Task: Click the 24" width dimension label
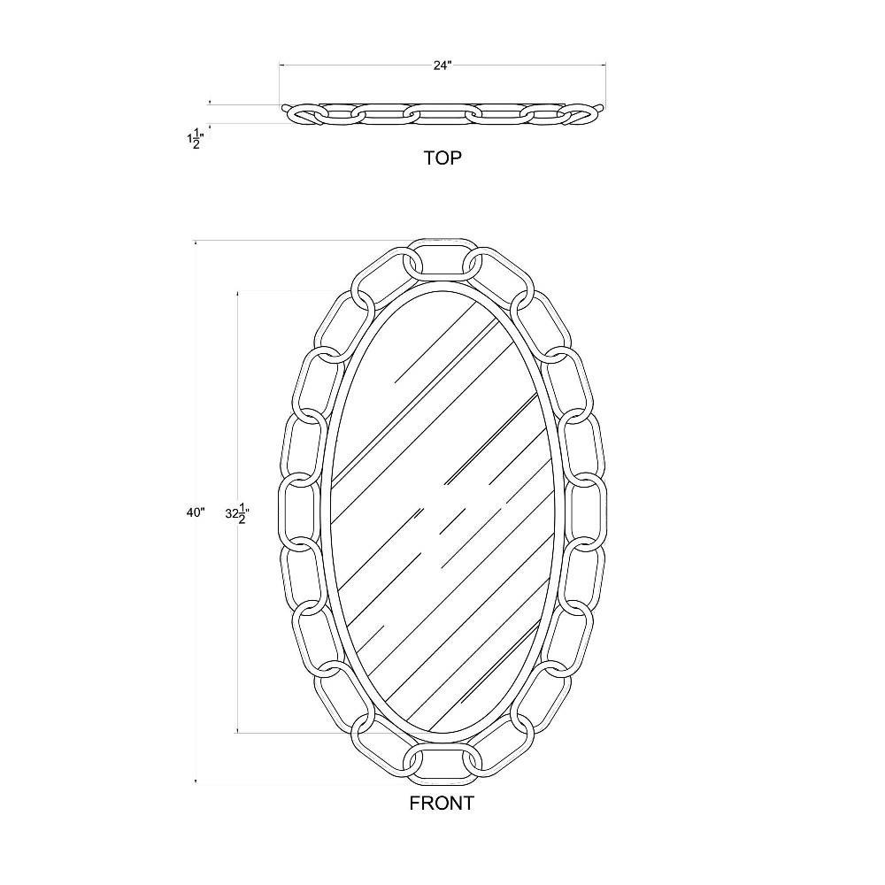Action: (442, 65)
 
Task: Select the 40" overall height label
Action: (196, 512)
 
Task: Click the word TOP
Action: (442, 158)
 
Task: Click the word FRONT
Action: (442, 803)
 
